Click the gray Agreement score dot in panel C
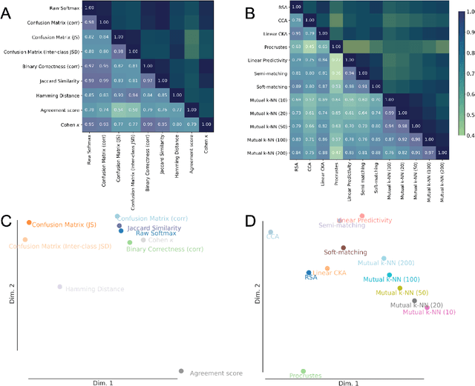[181, 371]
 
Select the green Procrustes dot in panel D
[303, 371]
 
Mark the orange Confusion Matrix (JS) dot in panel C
[28, 222]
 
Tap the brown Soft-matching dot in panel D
[344, 249]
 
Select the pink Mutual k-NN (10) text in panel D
[429, 312]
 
